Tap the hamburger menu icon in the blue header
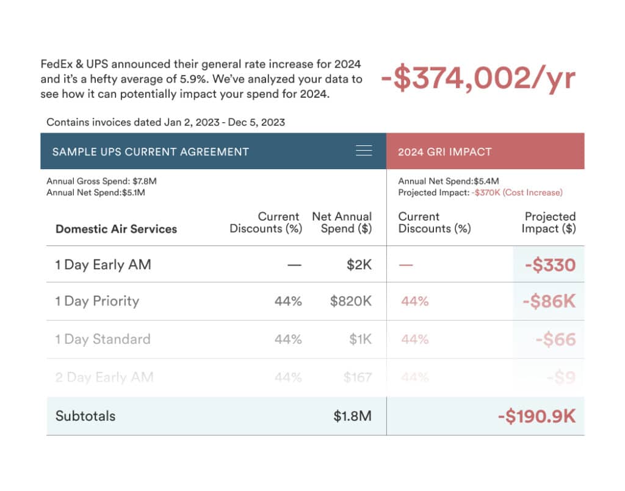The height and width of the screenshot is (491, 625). (x=364, y=151)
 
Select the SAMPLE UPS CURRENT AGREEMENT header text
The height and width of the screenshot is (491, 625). (x=150, y=151)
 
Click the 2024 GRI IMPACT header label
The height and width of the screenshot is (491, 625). (x=444, y=151)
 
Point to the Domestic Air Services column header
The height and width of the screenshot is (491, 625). (x=116, y=229)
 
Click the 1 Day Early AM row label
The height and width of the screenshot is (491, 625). (x=103, y=264)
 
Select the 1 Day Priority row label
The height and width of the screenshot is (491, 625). (x=97, y=301)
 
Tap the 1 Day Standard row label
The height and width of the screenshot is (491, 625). (x=103, y=339)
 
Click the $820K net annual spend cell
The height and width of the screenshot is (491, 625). (x=350, y=301)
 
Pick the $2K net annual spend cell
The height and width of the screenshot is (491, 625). (x=358, y=264)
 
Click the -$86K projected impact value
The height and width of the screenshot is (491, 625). (x=549, y=302)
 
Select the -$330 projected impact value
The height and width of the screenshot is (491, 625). (x=549, y=265)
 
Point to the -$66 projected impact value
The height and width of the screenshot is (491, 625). (x=555, y=340)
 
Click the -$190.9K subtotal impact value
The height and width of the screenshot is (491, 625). (x=536, y=416)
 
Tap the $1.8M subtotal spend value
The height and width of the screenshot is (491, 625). (x=352, y=416)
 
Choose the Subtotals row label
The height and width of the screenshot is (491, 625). (x=85, y=416)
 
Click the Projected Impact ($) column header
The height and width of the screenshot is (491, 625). (x=549, y=222)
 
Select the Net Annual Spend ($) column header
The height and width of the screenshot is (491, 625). (x=342, y=222)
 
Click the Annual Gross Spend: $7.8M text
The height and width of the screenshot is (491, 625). (x=98, y=181)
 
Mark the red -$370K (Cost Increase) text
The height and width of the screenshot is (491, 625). (x=516, y=192)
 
